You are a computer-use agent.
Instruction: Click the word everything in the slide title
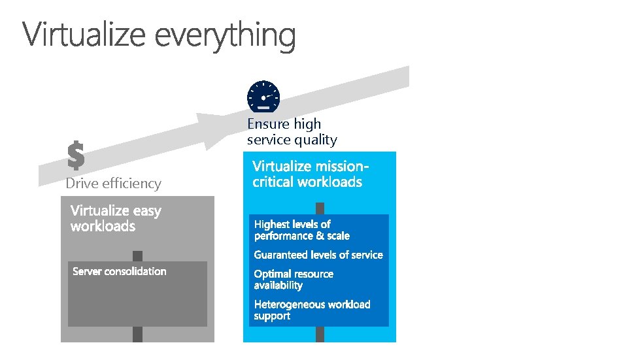226,36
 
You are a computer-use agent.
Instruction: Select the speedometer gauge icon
263,96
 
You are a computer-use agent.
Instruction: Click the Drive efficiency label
113,184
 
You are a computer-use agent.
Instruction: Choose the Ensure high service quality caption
292,131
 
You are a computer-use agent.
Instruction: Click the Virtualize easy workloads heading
116,218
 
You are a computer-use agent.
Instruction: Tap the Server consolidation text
120,271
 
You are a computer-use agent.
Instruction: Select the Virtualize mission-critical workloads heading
311,174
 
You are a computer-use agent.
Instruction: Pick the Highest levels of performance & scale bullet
302,230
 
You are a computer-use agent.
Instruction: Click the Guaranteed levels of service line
318,255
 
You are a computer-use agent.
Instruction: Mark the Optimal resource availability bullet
294,279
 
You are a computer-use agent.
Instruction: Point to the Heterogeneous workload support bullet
312,310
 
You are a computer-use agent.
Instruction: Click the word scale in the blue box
339,236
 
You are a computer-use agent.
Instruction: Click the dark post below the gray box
137,334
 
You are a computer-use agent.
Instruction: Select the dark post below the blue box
320,334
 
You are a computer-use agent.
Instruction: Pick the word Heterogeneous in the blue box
284,304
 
